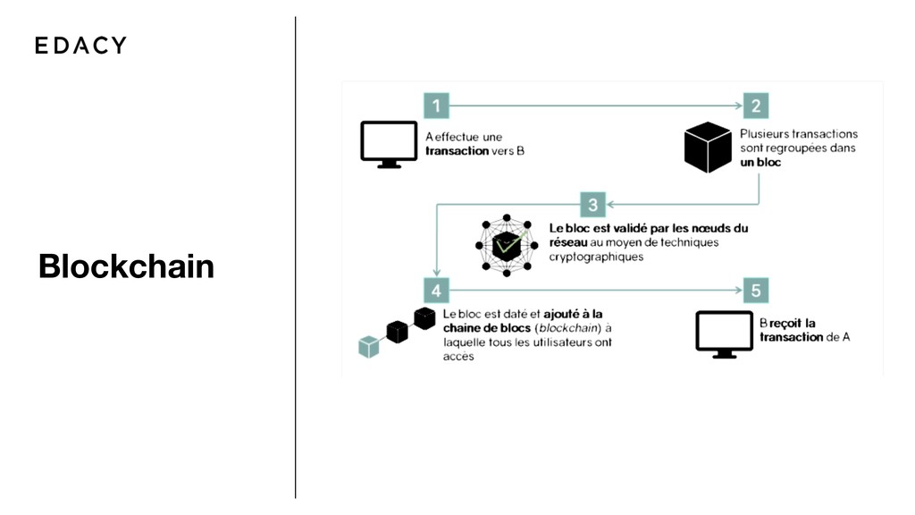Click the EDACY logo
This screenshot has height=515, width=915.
click(80, 45)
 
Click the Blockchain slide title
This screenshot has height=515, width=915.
click(126, 266)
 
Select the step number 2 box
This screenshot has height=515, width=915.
click(755, 106)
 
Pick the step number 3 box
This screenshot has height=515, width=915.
click(593, 204)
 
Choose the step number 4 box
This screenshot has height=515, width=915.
click(436, 291)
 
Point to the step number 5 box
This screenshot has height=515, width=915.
click(756, 291)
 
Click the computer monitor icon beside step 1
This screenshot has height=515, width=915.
click(389, 144)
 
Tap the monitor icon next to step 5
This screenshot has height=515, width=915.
click(725, 334)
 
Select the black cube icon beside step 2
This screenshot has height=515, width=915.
click(708, 148)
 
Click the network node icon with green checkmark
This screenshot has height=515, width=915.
click(507, 244)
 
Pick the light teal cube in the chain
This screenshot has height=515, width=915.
click(368, 346)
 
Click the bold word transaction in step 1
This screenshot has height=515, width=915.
click(457, 151)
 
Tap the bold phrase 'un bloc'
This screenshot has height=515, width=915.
click(761, 163)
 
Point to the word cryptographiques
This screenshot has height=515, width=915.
click(596, 257)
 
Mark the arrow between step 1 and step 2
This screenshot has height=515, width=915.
click(594, 106)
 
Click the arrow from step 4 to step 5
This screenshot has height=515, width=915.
click(594, 291)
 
